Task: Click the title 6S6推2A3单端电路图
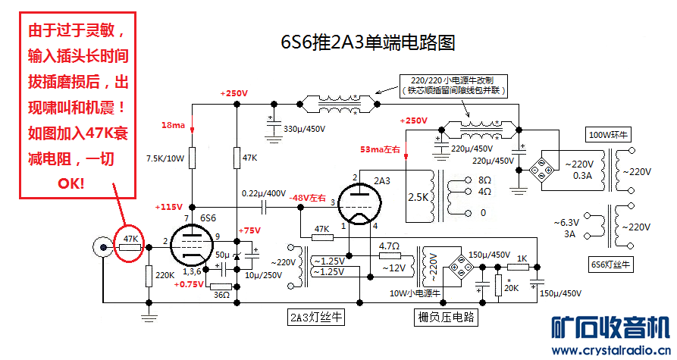click(368, 42)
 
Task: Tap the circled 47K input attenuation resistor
click(130, 243)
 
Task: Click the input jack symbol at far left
click(101, 245)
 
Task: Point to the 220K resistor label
click(165, 275)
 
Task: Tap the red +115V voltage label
click(169, 207)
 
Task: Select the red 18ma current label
click(172, 124)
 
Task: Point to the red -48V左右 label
click(307, 199)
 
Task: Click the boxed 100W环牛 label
click(610, 135)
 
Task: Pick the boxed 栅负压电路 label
click(447, 317)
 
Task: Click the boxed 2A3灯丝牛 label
click(316, 317)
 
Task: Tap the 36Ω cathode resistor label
click(221, 295)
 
